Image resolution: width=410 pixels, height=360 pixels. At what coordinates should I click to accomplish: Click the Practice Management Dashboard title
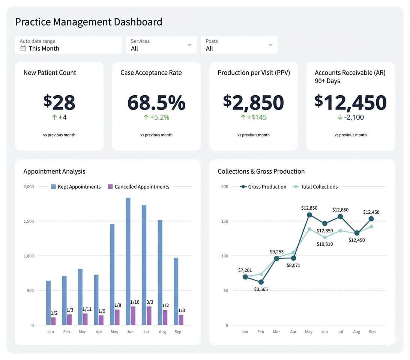(89, 22)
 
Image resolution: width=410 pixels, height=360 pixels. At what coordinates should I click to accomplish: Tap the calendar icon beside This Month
(23, 48)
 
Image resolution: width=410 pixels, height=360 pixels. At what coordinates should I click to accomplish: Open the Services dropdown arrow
(189, 45)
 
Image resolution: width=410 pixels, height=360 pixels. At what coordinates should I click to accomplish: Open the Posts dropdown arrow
(270, 45)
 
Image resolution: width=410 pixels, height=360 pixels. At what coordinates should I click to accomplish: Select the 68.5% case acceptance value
(156, 102)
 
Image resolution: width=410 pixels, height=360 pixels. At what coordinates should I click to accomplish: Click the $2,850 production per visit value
(254, 102)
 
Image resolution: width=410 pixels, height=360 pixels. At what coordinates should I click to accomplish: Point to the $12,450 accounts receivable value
(350, 102)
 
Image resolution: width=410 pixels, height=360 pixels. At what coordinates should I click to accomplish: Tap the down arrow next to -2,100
(340, 117)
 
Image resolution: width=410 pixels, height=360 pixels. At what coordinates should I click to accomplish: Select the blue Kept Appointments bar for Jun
(128, 261)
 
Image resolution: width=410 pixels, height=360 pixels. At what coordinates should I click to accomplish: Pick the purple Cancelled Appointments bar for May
(117, 317)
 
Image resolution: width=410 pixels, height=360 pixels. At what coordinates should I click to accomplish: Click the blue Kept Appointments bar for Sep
(176, 291)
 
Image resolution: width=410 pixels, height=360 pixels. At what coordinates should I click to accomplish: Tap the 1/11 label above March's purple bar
(87, 309)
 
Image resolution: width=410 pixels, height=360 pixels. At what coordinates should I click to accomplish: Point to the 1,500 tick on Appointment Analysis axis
(29, 221)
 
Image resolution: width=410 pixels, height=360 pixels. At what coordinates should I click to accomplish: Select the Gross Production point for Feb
(261, 282)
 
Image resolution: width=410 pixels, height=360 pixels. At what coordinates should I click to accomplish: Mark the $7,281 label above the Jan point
(245, 270)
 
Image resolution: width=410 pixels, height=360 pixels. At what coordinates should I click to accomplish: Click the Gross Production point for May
(309, 215)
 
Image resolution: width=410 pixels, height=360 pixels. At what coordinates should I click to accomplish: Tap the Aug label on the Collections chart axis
(356, 332)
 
